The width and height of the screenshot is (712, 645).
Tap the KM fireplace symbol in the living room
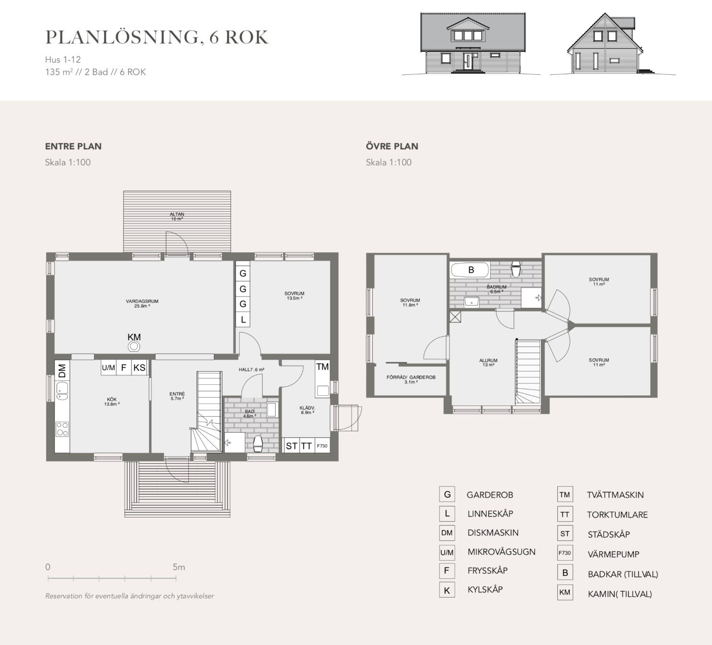134,346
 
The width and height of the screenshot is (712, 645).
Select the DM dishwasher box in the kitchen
62,370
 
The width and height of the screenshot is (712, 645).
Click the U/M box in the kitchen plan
108,368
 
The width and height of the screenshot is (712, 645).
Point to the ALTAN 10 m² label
177,217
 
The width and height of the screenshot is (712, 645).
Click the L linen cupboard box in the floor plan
243,320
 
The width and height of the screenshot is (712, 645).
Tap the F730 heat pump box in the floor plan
322,446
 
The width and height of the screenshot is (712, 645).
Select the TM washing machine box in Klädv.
322,367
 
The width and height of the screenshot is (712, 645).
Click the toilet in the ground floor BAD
258,444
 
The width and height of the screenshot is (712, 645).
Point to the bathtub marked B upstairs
470,270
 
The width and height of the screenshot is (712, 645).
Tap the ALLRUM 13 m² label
488,363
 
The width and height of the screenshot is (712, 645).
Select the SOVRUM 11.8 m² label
410,302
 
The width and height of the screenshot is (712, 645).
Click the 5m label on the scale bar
179,567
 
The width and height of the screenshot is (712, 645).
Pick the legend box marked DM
447,533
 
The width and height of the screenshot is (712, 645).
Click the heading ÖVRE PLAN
392,146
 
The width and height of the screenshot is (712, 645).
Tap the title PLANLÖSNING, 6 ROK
157,37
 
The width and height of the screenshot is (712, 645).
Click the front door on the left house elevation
467,63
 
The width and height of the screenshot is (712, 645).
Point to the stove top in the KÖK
62,428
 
